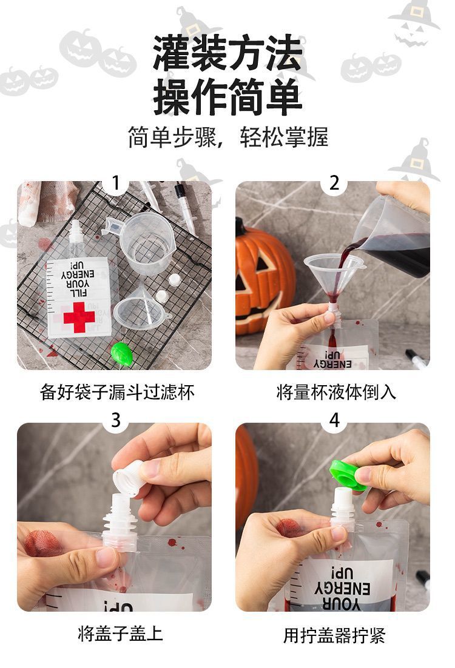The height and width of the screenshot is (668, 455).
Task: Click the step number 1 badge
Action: click(115, 183)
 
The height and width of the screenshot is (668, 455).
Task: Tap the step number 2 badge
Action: click(334, 183)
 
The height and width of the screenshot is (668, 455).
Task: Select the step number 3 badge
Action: click(115, 420)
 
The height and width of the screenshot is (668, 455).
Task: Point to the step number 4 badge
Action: click(334, 420)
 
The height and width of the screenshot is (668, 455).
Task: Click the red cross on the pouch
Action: click(79, 317)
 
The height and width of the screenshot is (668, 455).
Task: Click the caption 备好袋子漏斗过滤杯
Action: click(117, 392)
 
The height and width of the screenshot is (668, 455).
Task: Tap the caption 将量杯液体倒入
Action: click(336, 392)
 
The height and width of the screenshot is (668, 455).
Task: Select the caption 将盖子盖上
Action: click(120, 633)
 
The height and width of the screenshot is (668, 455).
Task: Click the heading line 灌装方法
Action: click(228, 53)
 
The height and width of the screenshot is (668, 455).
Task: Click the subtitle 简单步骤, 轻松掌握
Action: click(228, 137)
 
